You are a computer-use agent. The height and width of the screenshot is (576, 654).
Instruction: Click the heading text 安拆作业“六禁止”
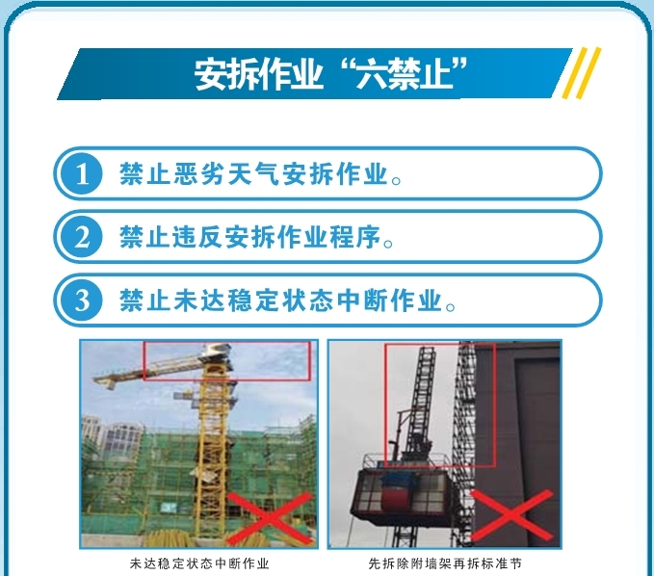pyautogui.click(x=330, y=74)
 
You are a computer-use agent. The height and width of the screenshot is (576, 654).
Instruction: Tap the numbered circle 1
pyautogui.click(x=82, y=173)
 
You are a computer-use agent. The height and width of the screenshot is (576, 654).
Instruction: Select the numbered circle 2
pyautogui.click(x=82, y=237)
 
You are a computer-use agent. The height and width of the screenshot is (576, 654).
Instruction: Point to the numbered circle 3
pyautogui.click(x=82, y=301)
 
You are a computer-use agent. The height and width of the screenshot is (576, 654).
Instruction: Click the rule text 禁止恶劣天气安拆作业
pyautogui.click(x=254, y=173)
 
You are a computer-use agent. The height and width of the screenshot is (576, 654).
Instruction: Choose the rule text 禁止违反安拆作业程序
pyautogui.click(x=250, y=237)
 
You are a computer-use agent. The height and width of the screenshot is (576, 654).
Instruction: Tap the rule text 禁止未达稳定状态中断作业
pyautogui.click(x=281, y=301)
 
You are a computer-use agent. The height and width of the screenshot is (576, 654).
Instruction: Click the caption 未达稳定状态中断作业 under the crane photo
pyautogui.click(x=199, y=563)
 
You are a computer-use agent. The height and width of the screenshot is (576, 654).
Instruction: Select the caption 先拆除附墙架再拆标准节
pyautogui.click(x=445, y=563)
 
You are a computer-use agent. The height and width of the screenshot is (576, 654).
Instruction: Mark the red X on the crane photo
pyautogui.click(x=271, y=518)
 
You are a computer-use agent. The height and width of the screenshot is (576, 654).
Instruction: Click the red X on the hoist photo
pyautogui.click(x=512, y=515)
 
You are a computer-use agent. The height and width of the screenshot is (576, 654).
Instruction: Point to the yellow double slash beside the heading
pyautogui.click(x=582, y=73)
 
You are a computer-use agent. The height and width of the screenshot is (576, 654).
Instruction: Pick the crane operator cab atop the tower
pyautogui.click(x=216, y=353)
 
